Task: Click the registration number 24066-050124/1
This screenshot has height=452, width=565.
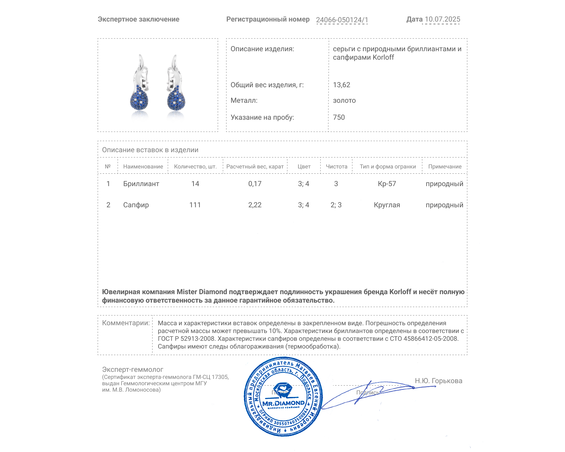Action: coord(342,20)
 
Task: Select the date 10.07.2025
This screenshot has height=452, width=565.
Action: coord(442,19)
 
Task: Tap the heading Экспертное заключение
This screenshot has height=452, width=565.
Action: coord(138,19)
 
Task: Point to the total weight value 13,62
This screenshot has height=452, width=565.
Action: coord(341,85)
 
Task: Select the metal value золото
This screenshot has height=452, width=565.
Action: coord(344,101)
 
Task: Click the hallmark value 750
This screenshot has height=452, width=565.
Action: coord(339,118)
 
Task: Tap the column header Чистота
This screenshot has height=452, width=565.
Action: coord(336,167)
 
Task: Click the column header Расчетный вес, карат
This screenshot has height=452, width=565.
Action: coord(255,167)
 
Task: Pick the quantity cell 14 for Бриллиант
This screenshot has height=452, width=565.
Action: coord(195,184)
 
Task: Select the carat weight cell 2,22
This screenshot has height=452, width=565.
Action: coord(255,205)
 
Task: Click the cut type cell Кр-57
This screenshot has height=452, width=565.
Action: coord(387,184)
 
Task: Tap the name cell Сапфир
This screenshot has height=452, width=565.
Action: coord(136,205)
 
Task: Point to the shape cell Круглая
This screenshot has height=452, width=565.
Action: coord(387,205)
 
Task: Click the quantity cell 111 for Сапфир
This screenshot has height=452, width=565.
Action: coord(195,205)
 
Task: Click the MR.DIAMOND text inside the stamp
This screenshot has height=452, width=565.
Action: coord(283,403)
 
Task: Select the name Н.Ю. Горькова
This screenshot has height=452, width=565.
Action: coord(438,381)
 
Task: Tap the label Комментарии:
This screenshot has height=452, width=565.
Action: coord(126,323)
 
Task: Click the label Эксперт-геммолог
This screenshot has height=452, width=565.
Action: coord(132,370)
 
